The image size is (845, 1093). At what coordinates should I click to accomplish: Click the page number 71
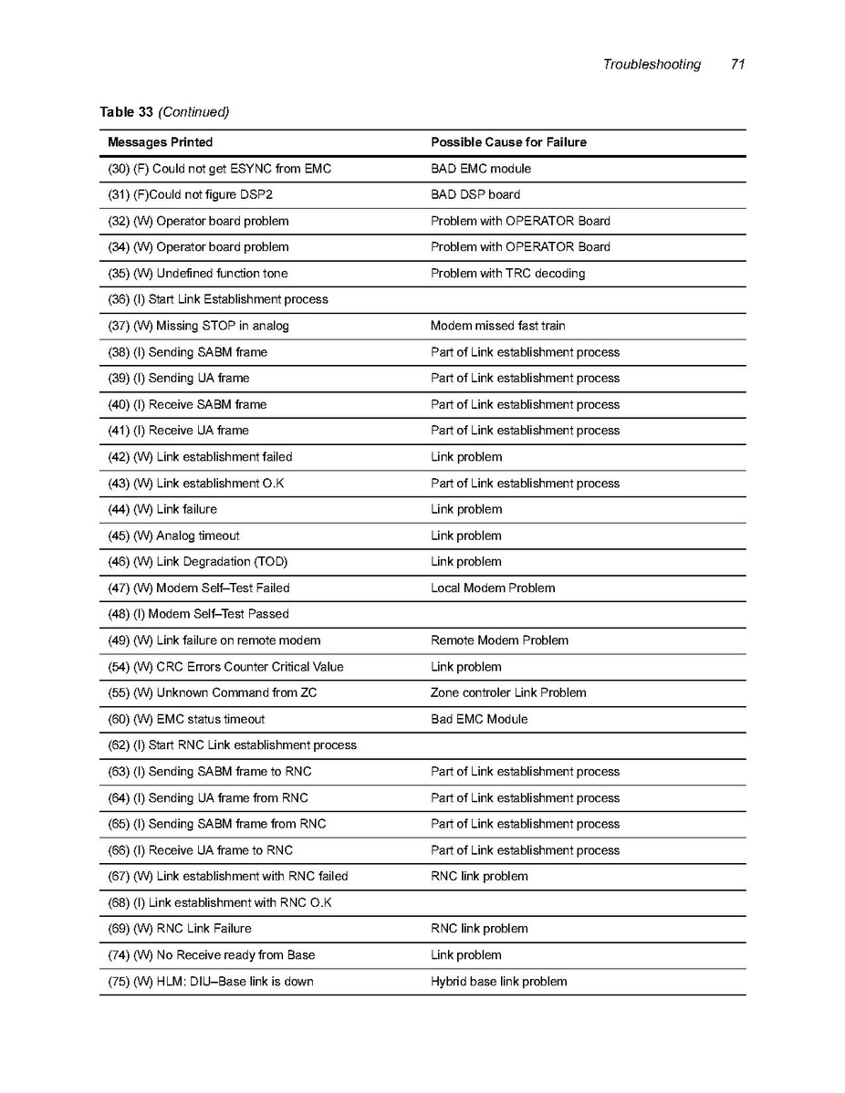[x=737, y=64]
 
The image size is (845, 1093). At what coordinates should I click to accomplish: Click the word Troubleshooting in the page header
[x=652, y=64]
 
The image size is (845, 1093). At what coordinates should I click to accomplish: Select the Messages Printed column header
[x=160, y=142]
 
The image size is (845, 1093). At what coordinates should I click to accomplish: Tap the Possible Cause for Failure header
[x=508, y=142]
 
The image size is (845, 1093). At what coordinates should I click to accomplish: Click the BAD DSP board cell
[x=475, y=194]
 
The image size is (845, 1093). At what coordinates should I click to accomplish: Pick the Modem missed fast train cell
[x=497, y=326]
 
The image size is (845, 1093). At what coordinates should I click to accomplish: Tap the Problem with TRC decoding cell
[x=507, y=273]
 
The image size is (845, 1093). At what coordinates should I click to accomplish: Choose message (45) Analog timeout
[x=173, y=536]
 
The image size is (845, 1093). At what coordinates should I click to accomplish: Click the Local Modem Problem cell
[x=493, y=588]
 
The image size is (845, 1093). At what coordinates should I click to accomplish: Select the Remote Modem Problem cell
[x=499, y=640]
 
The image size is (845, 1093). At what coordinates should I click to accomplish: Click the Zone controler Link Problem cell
[x=508, y=692]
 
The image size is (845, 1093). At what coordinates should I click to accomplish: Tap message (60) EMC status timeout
[x=186, y=719]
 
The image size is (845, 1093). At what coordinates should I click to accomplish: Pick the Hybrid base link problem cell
[x=498, y=982]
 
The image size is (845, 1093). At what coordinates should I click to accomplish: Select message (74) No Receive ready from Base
[x=211, y=955]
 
